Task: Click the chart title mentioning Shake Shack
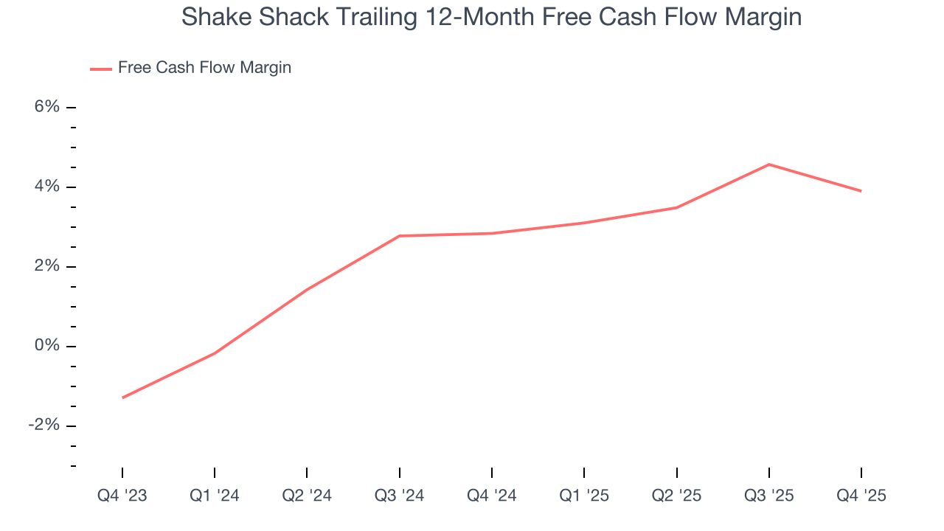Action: coord(491,17)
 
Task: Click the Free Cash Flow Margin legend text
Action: coord(204,68)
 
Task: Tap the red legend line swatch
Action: coord(100,69)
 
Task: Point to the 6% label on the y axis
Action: coord(46,107)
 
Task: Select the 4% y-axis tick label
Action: coord(46,187)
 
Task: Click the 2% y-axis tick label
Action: coord(46,266)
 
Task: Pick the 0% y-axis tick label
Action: coord(46,346)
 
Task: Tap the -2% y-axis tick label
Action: coord(44,426)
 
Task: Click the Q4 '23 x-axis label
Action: coord(122,496)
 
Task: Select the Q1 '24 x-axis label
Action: coord(215,496)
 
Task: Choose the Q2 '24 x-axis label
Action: coord(307,496)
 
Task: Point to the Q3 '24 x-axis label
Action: coord(400,496)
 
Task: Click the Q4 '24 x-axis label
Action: coord(492,496)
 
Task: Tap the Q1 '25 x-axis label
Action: coord(584,496)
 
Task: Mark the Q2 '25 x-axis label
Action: coord(677,496)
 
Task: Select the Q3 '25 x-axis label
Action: coord(769,496)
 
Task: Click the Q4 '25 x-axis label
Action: coord(861,496)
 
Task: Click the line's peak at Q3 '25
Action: coord(769,164)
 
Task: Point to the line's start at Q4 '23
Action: coord(122,398)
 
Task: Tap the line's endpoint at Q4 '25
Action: coord(861,191)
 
